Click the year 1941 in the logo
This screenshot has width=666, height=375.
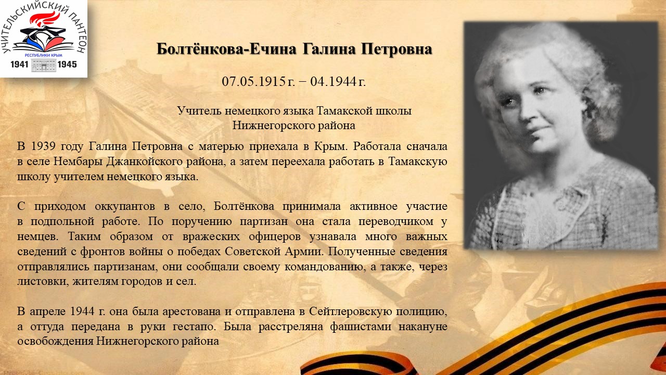coord(19,64)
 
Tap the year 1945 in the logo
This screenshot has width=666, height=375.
coord(67,64)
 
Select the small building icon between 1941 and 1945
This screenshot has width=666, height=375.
coord(43,65)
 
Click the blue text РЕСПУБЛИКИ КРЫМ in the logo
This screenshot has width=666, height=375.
coord(43,55)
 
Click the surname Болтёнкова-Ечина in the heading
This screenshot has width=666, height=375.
coord(226,49)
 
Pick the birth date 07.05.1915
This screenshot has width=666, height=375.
coord(254,81)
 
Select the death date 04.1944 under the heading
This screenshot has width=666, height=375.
coord(333,81)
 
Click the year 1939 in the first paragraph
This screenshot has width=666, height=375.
coord(43,146)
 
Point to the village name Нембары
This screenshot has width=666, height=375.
coord(78,161)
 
